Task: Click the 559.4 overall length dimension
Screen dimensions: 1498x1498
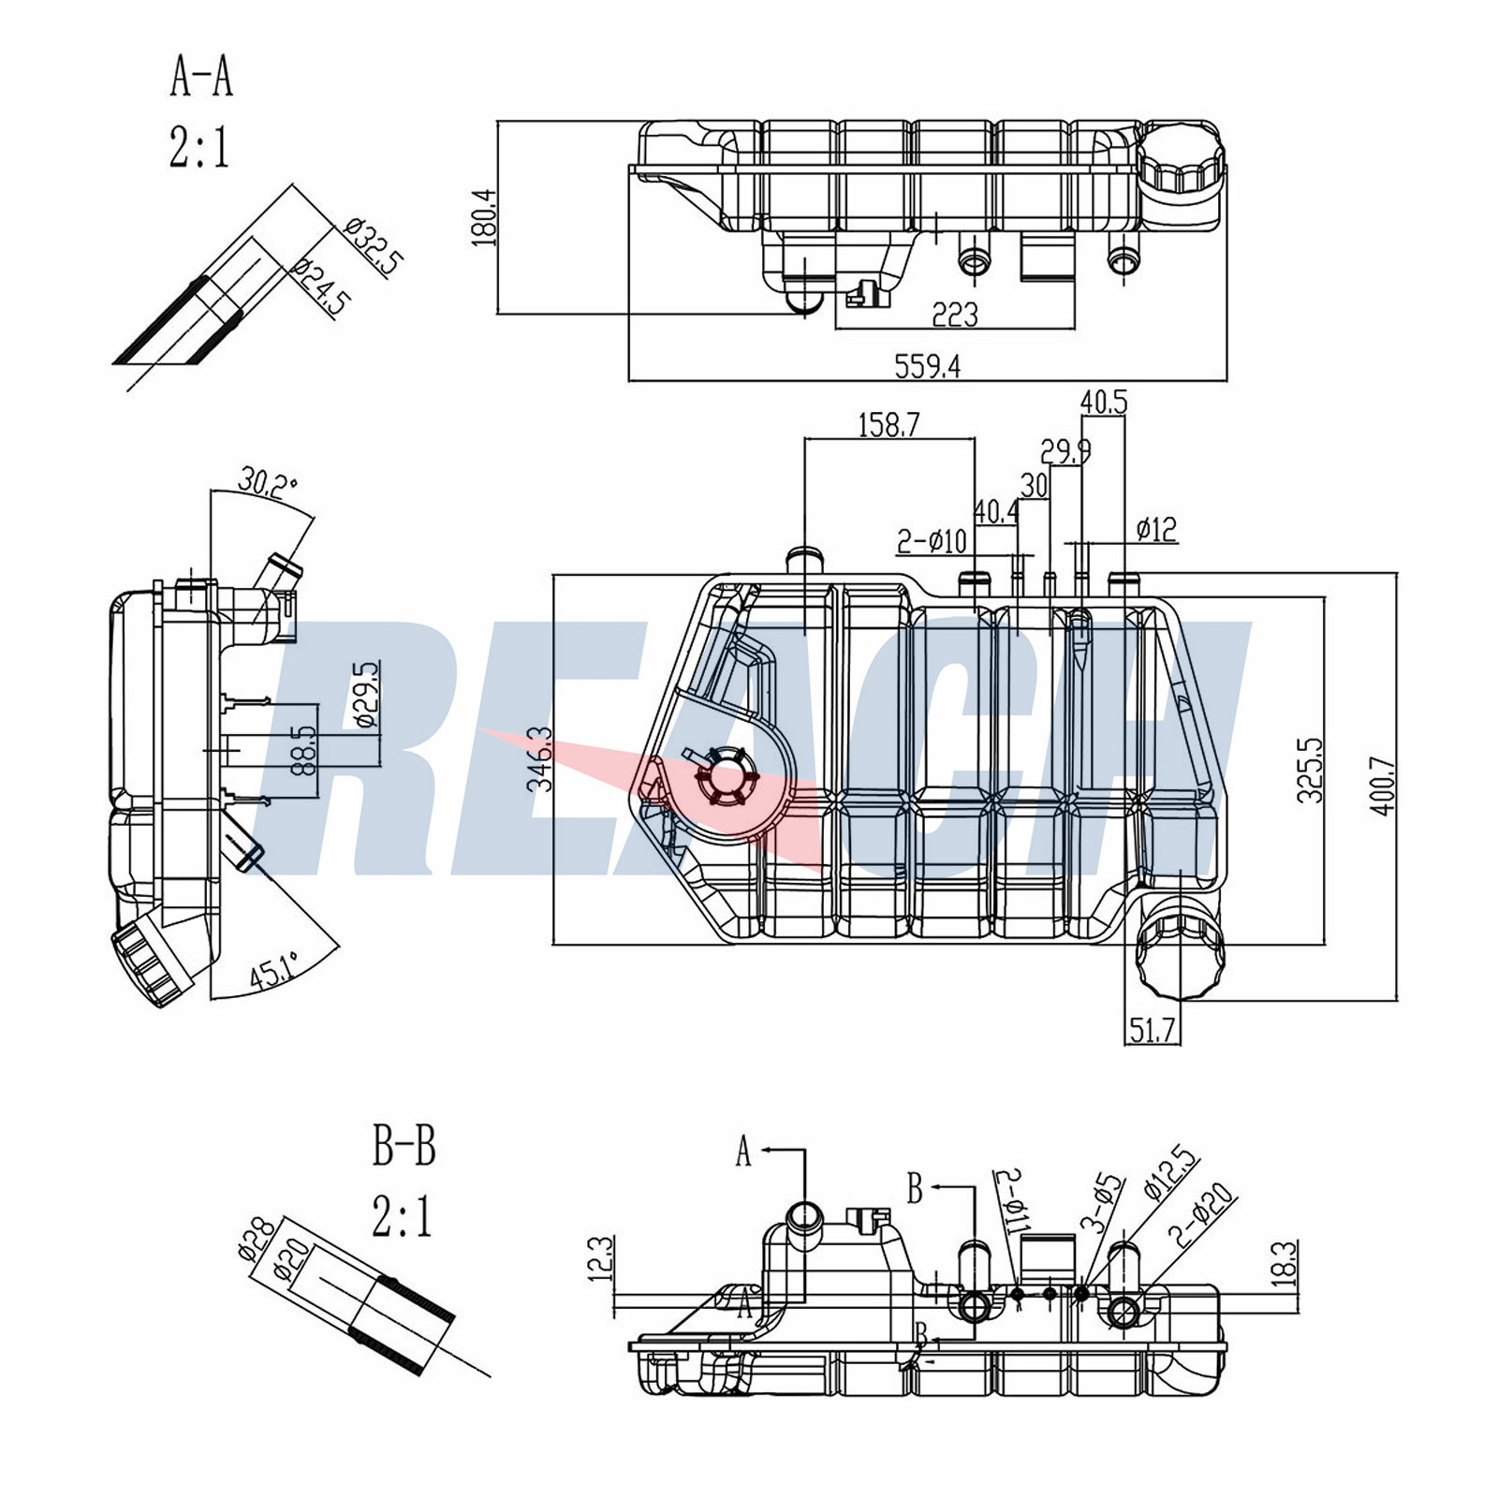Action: (927, 366)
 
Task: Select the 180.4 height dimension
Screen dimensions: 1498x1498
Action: (484, 217)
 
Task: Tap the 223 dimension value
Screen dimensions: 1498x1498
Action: (954, 315)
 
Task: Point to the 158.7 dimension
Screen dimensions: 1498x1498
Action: (889, 425)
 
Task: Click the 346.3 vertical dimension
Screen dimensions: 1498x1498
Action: (540, 760)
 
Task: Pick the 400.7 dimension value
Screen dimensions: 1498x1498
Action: (1385, 786)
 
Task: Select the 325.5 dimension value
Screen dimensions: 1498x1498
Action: (1311, 771)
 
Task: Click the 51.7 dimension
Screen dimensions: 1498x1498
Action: (1152, 1032)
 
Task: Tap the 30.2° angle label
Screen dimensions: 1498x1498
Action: (267, 483)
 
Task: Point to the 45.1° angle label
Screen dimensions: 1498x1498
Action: (273, 970)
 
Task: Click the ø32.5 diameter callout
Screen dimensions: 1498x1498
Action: (372, 245)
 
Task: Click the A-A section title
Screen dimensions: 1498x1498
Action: (200, 76)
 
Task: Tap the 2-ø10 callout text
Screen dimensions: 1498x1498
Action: (931, 541)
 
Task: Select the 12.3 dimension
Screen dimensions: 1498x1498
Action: (602, 1258)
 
